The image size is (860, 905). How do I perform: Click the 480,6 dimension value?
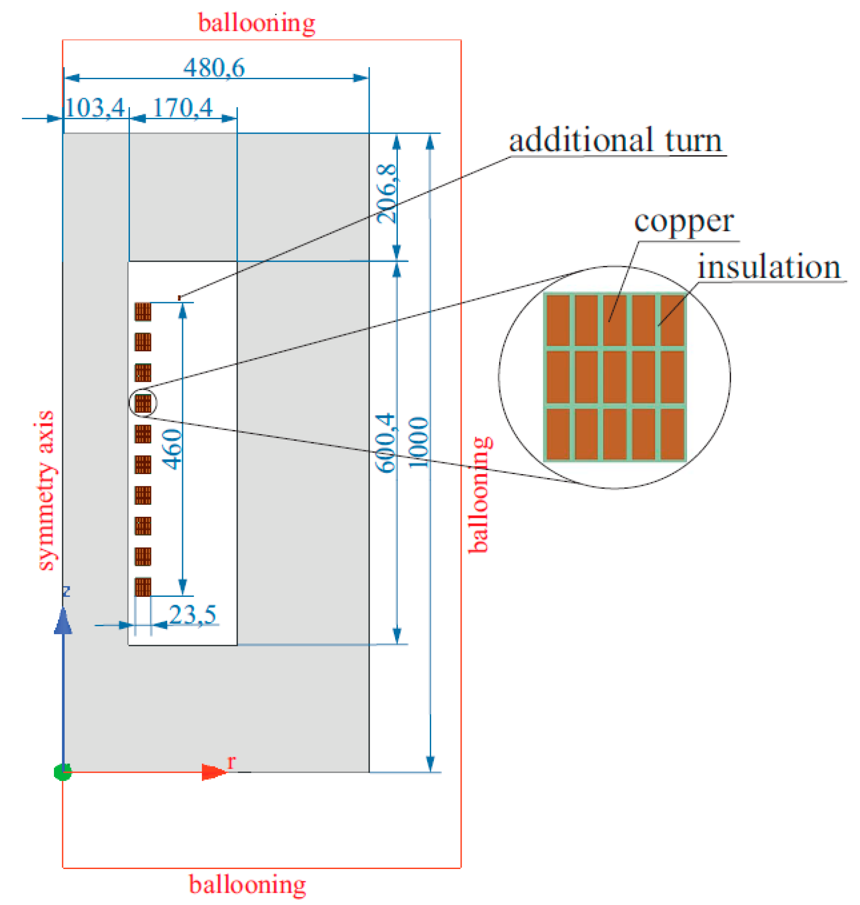tap(214, 68)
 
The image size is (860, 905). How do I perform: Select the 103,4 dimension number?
tap(94, 108)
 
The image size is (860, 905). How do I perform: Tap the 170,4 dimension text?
tap(183, 108)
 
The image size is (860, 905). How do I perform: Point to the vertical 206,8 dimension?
tap(387, 193)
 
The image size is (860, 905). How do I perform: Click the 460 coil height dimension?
tap(173, 449)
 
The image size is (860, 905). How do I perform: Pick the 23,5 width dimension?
tap(192, 614)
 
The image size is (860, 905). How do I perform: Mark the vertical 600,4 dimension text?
tap(385, 443)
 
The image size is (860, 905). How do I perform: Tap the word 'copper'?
tap(683, 222)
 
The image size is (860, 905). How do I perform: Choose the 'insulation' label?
tap(769, 267)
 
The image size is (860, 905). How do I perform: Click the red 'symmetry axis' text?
tap(45, 490)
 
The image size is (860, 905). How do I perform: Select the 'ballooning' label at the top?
tap(257, 23)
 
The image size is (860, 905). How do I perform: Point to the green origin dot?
tap(62, 772)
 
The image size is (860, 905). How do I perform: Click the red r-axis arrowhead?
tap(214, 772)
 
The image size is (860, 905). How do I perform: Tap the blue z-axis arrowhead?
tap(63, 621)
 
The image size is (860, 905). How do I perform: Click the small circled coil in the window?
tap(143, 403)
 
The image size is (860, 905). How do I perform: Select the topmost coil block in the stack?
tap(143, 312)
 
